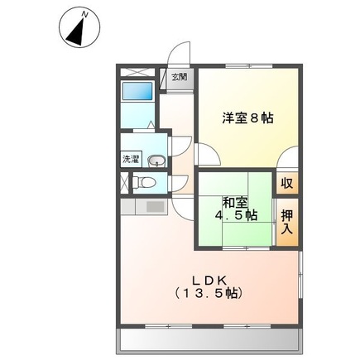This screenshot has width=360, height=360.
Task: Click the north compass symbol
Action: click(77, 29)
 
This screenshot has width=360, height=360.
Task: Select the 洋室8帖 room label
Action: click(247, 118)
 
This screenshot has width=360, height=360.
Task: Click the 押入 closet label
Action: click(286, 222)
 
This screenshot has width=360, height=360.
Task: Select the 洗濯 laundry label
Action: click(132, 158)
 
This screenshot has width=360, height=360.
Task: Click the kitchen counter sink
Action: click(155, 206)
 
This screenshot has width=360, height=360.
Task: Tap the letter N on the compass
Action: click(87, 14)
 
